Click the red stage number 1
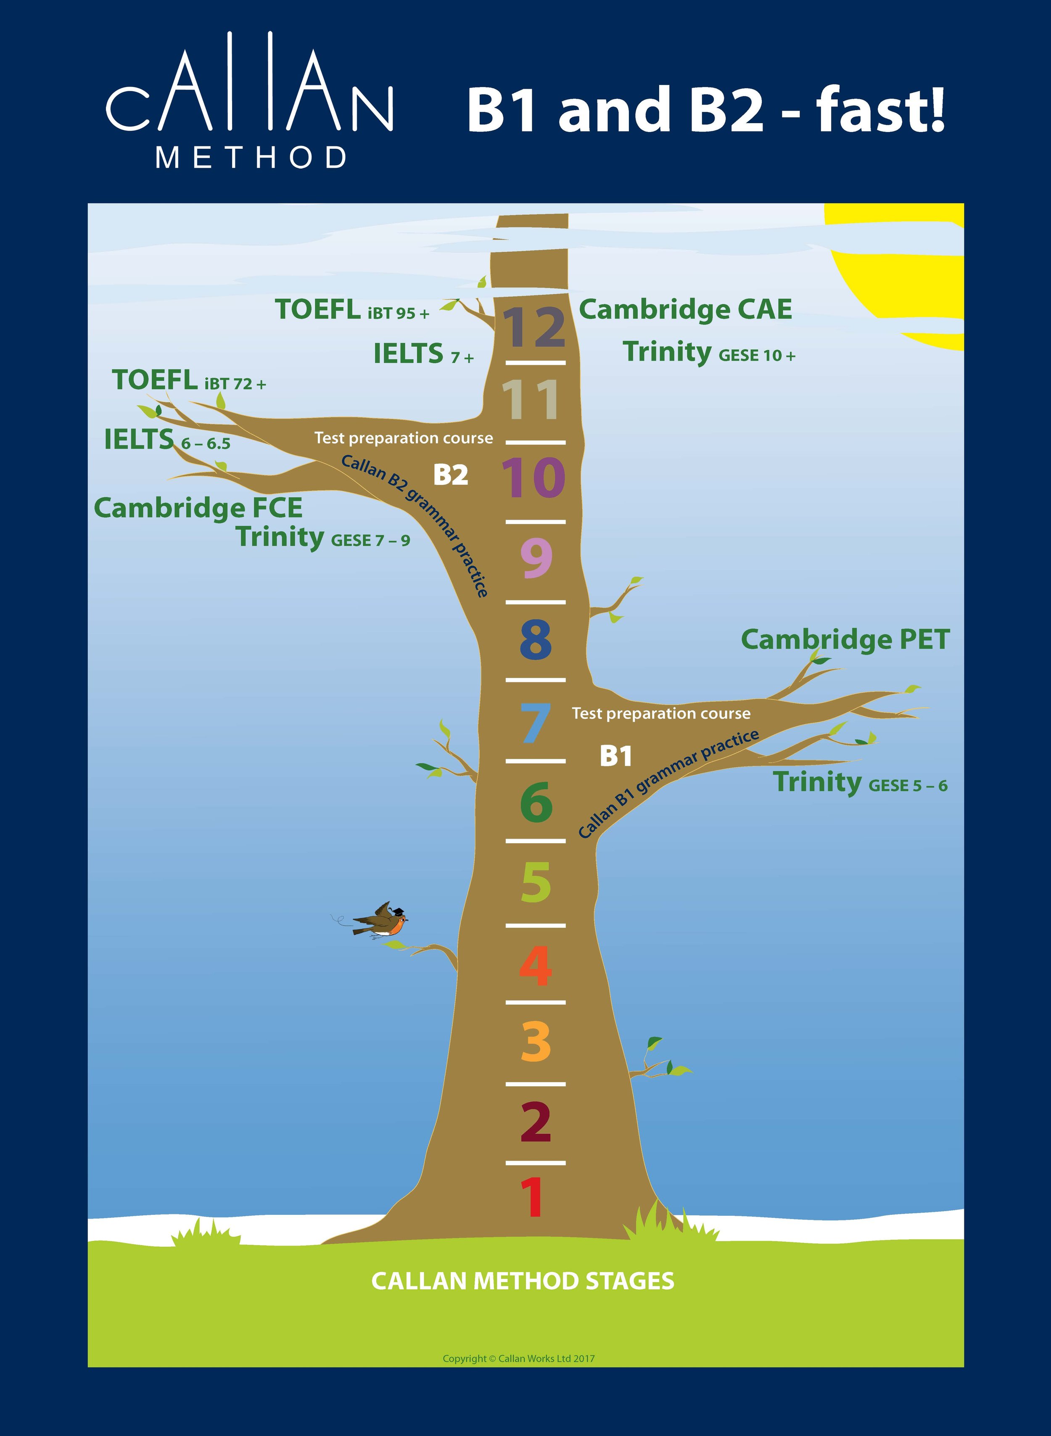[533, 1197]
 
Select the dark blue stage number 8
[535, 641]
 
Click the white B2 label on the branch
[450, 475]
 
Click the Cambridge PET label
[845, 639]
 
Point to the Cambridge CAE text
[685, 310]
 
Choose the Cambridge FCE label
[198, 508]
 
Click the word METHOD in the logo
[251, 157]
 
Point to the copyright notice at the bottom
[518, 1358]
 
